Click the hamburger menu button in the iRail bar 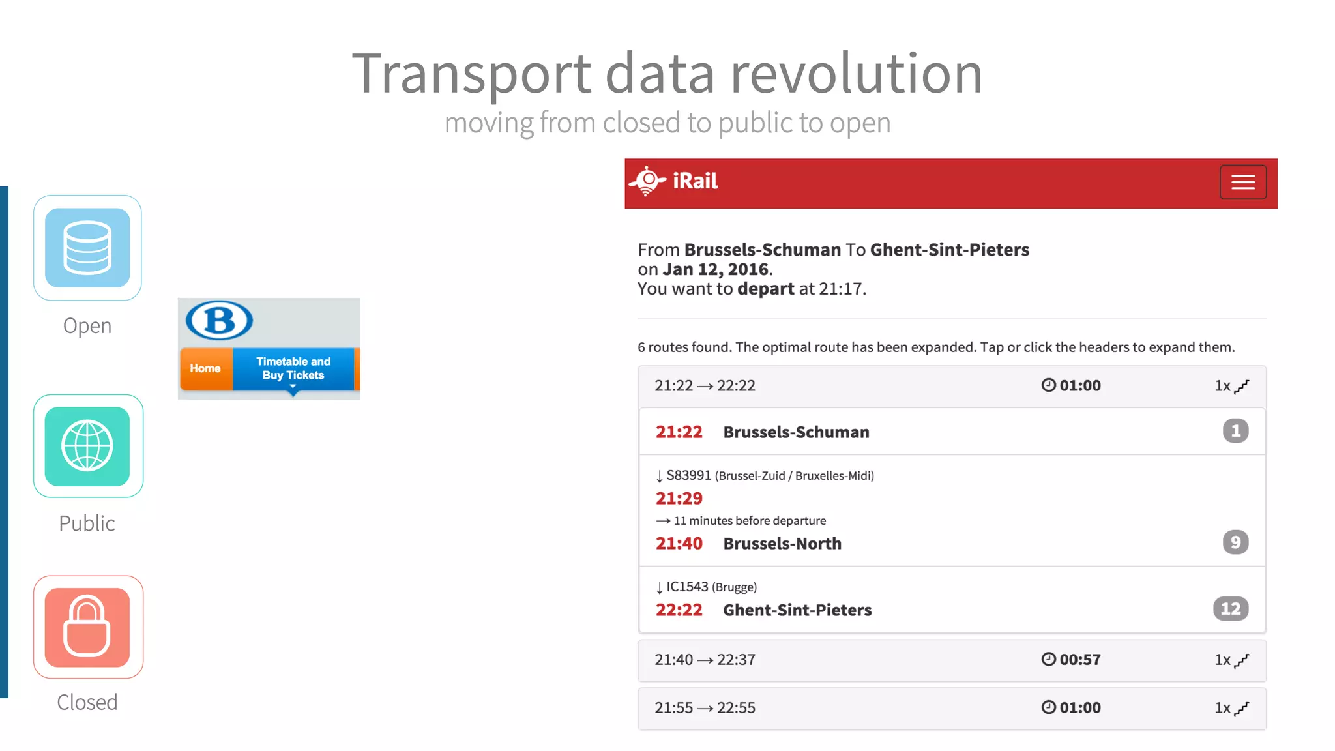pos(1242,182)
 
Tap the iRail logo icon pos(647,181)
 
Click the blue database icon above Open pos(87,248)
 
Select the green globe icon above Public pos(87,447)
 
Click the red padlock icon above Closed pos(87,627)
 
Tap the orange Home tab pos(205,368)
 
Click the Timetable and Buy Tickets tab pos(293,368)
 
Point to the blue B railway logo pos(220,320)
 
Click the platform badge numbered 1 pos(1235,431)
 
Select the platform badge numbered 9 pos(1235,542)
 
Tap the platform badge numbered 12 pos(1230,609)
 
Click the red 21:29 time pos(679,499)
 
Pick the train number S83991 pos(688,475)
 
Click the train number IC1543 pos(687,587)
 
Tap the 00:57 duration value pos(1079,660)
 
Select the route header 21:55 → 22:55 pos(705,708)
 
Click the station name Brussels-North pos(782,544)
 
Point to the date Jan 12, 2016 pos(715,269)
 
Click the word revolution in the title pos(856,74)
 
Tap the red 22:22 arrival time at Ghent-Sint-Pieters pos(679,610)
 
